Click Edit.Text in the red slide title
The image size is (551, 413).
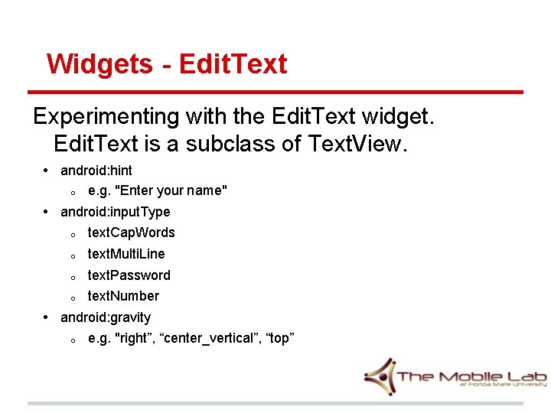coord(233,63)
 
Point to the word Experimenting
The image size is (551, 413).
coord(105,117)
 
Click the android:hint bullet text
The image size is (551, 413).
coord(96,170)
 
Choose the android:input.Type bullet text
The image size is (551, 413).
coord(116,212)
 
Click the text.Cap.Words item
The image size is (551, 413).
coord(132,233)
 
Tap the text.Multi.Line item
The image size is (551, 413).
coord(126,254)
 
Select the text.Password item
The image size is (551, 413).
coord(129,275)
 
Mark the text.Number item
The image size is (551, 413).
coord(124,296)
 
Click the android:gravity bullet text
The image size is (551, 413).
coord(106,317)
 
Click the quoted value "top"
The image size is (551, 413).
coord(279,338)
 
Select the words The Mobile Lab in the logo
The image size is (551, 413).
coord(471,376)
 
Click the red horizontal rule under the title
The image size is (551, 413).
coord(275,92)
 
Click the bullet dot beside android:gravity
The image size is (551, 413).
coord(47,317)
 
